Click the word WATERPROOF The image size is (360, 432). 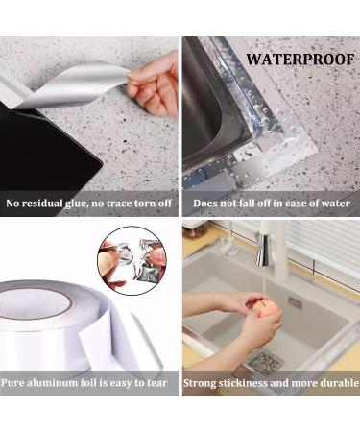(300, 60)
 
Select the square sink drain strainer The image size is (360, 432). (266, 361)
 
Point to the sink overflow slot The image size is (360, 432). (295, 302)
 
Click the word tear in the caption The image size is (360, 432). (156, 383)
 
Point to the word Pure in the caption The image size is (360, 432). (12, 383)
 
